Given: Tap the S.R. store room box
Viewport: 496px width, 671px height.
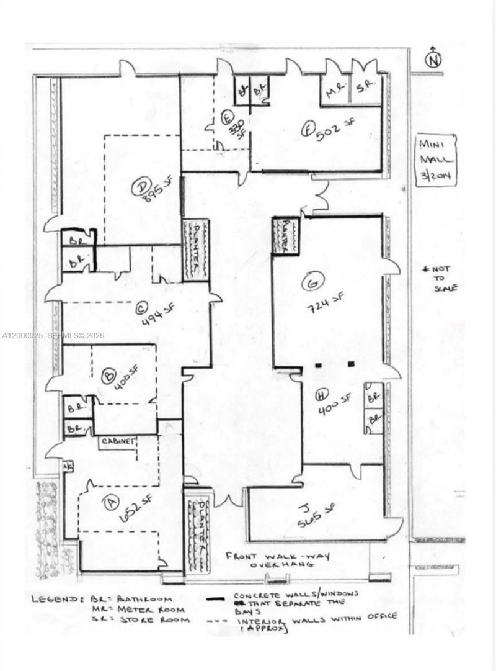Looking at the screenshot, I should pyautogui.click(x=363, y=91).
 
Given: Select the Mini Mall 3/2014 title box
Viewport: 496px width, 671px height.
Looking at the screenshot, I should pyautogui.click(x=436, y=159).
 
